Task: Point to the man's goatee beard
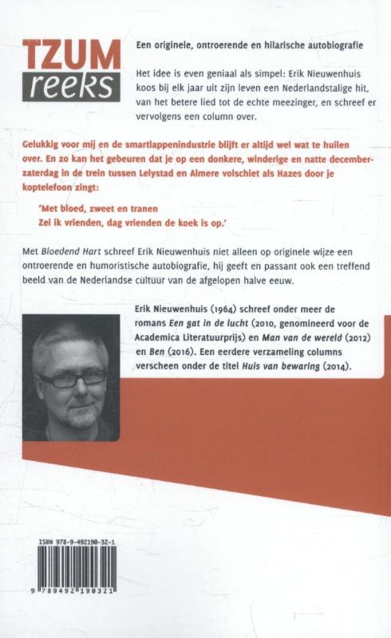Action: (x=81, y=415)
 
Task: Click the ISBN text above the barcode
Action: (x=87, y=542)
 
